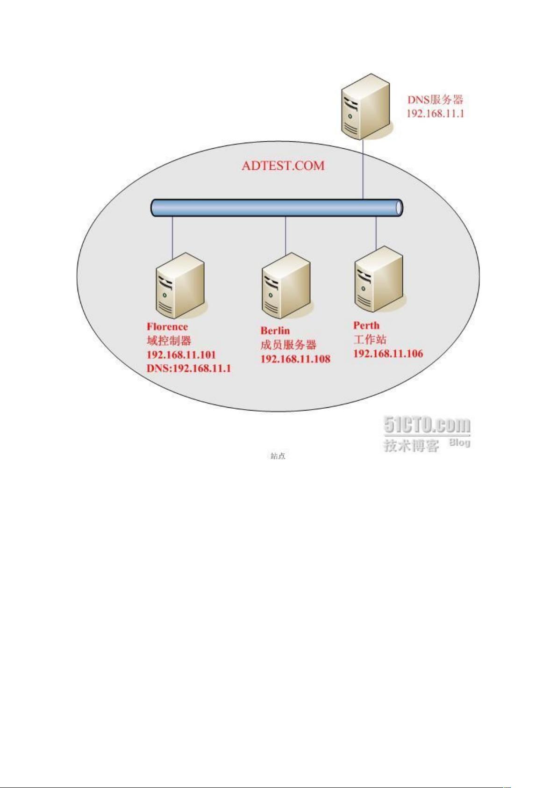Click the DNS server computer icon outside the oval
click(365, 107)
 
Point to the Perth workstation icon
click(379, 279)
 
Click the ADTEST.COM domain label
click(283, 166)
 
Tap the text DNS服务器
click(435, 100)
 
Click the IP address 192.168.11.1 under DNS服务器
click(436, 114)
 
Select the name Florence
click(167, 326)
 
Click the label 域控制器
click(169, 340)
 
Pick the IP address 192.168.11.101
click(181, 354)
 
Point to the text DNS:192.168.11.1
click(189, 369)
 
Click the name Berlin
click(275, 331)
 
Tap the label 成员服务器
click(288, 345)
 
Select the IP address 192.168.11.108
click(295, 359)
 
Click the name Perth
click(366, 325)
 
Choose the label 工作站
click(370, 340)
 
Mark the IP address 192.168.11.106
click(388, 354)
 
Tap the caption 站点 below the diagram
click(278, 456)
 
